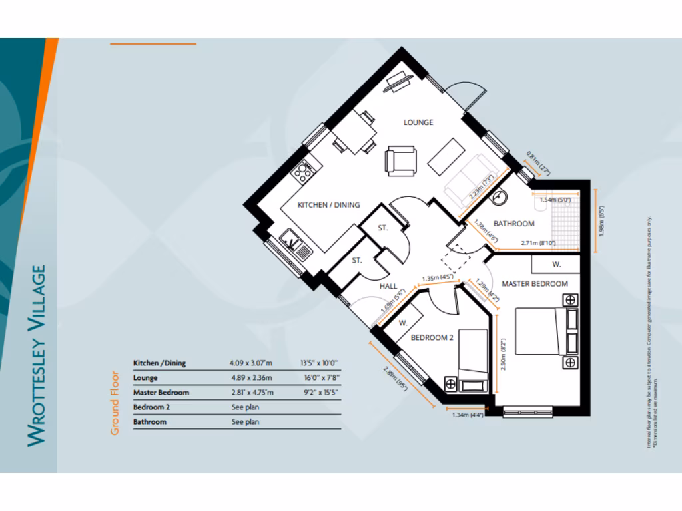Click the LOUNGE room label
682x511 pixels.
(x=418, y=122)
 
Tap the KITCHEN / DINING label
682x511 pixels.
(x=328, y=204)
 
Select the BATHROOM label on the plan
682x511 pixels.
(x=513, y=224)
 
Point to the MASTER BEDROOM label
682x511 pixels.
(x=534, y=284)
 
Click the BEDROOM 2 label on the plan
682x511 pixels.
(x=432, y=338)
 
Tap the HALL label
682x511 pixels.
(x=388, y=286)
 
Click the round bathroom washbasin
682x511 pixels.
(x=502, y=197)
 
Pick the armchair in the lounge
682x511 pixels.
(x=401, y=162)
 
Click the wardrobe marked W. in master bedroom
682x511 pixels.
(x=555, y=264)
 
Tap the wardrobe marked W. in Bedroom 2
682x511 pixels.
(x=404, y=323)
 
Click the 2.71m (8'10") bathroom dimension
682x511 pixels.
(x=538, y=244)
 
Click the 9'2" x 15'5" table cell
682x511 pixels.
(x=320, y=393)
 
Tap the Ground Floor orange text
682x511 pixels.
(x=115, y=403)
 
